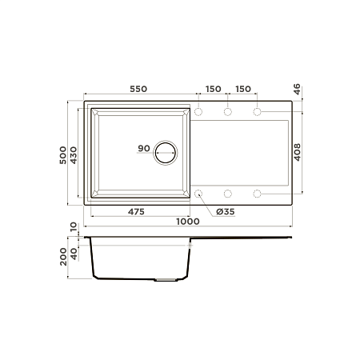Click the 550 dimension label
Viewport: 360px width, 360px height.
[x=138, y=89]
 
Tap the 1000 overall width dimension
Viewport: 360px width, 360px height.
[x=188, y=222]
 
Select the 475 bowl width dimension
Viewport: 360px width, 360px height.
[x=136, y=212]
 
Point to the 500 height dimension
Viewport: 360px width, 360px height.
[x=63, y=155]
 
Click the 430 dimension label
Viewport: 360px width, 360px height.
[x=74, y=155]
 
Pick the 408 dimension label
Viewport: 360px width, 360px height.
[x=297, y=152]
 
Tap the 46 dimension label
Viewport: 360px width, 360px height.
[x=297, y=89]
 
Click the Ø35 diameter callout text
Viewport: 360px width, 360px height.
[x=226, y=212]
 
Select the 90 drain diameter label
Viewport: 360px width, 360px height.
[x=144, y=148]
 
